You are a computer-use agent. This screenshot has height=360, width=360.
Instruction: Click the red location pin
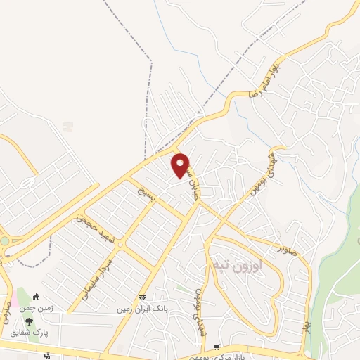point(181,165)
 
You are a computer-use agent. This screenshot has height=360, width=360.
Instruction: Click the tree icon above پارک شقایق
point(29,321)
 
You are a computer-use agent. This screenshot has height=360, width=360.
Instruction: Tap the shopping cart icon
point(217,347)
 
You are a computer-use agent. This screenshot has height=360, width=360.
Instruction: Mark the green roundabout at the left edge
point(4,241)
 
